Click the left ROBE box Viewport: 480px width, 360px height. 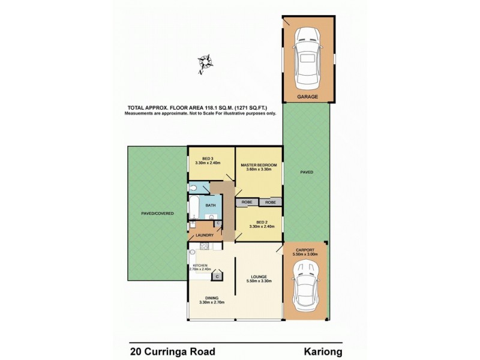point(247,203)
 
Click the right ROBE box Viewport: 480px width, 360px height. point(271,203)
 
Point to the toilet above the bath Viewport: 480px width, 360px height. point(194,188)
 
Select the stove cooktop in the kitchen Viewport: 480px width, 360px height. point(203,247)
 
